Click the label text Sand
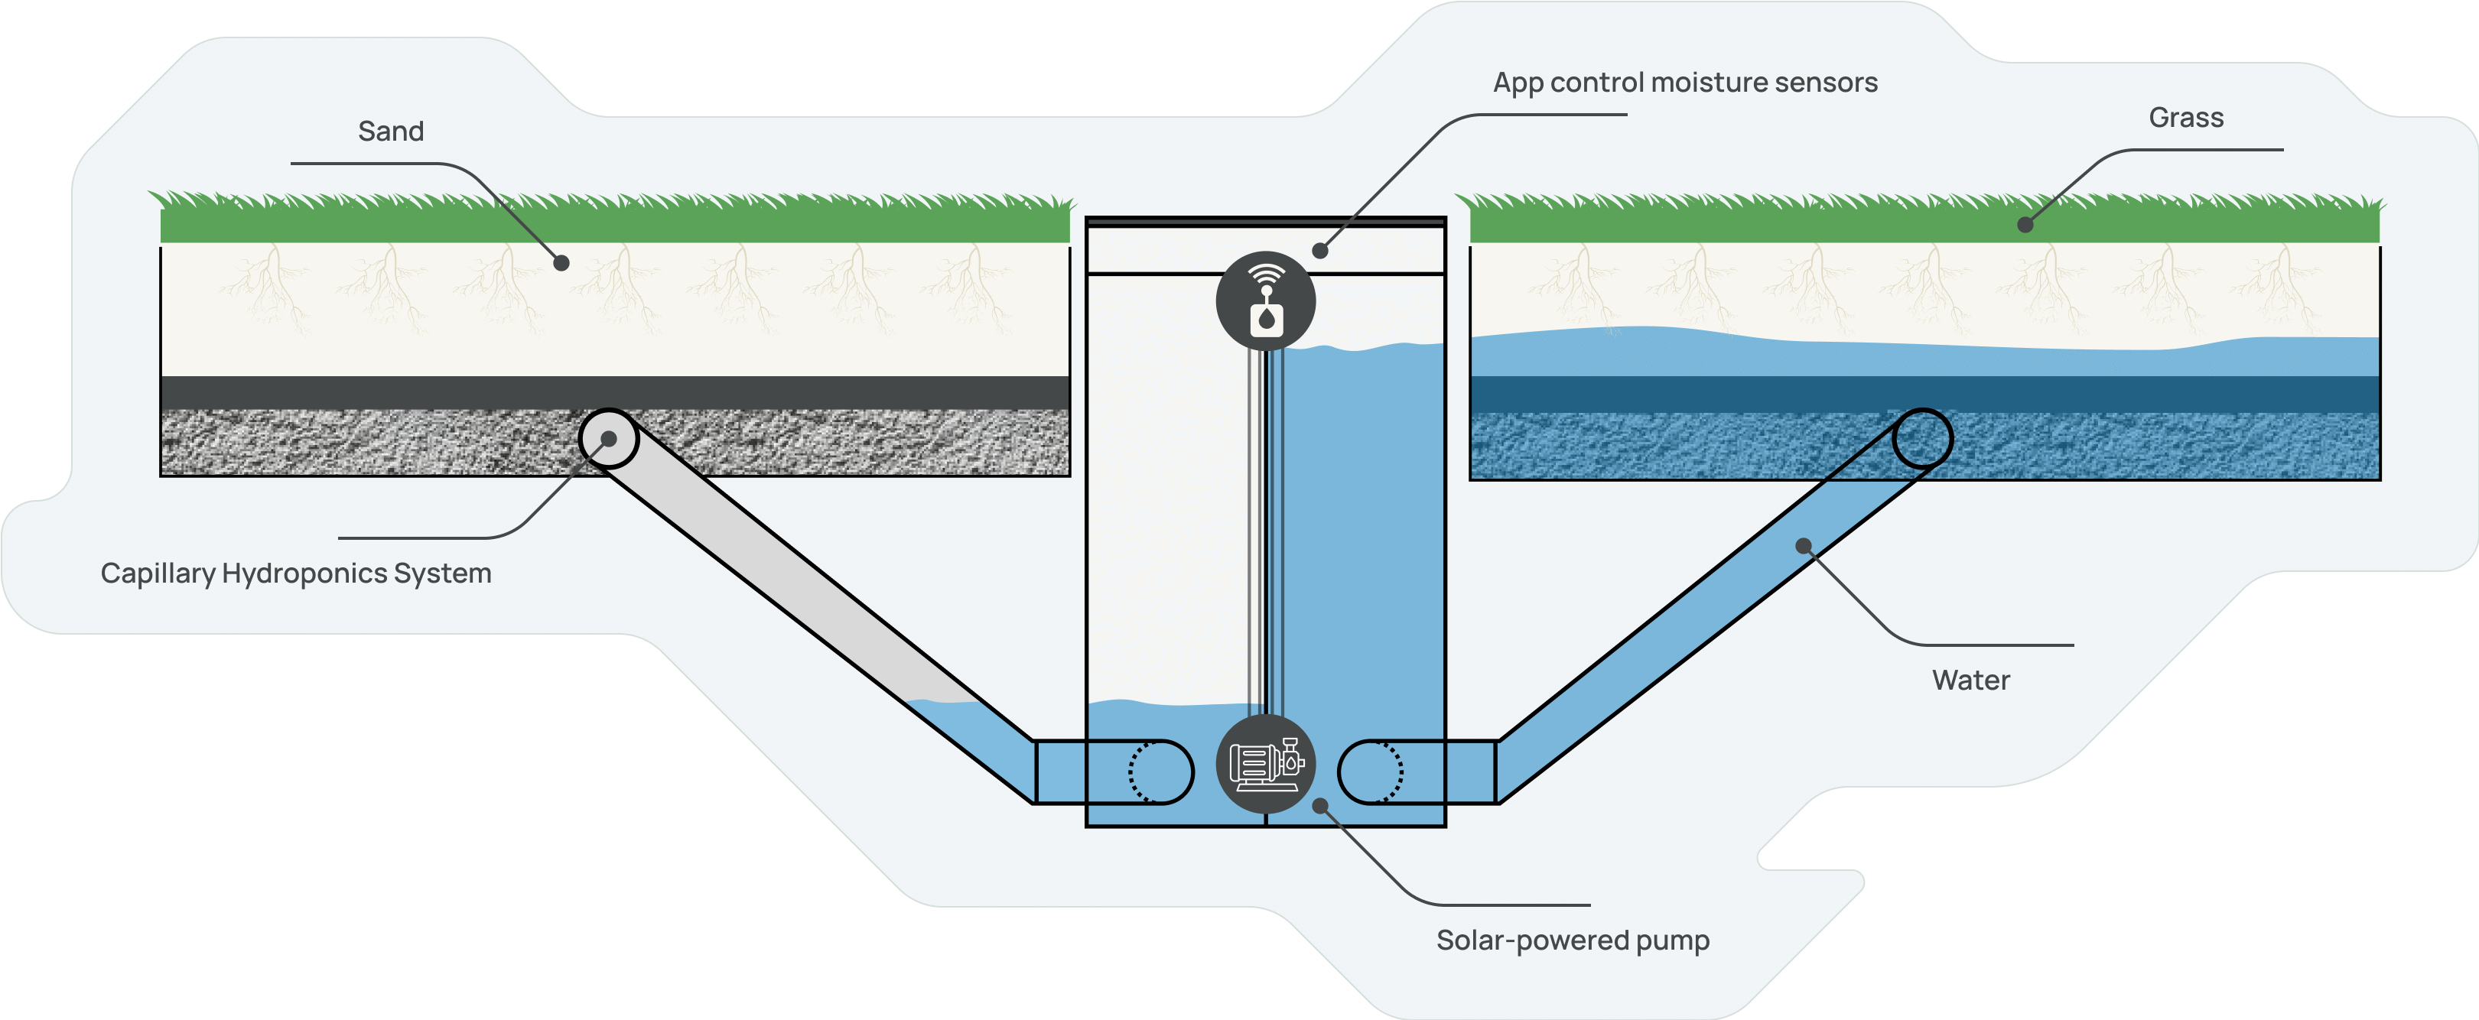point(391,131)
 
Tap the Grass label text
point(2185,118)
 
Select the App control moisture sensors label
point(1684,83)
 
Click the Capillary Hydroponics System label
point(295,573)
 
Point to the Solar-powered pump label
point(1573,940)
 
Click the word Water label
point(1970,681)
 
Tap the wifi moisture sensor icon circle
point(1265,300)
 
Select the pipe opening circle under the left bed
point(608,439)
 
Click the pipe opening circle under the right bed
point(1922,439)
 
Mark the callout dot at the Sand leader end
point(561,261)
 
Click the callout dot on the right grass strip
point(2025,224)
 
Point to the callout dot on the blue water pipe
point(1804,547)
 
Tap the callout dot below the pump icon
point(1320,804)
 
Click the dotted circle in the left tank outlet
point(1147,771)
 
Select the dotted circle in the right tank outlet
point(1386,771)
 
